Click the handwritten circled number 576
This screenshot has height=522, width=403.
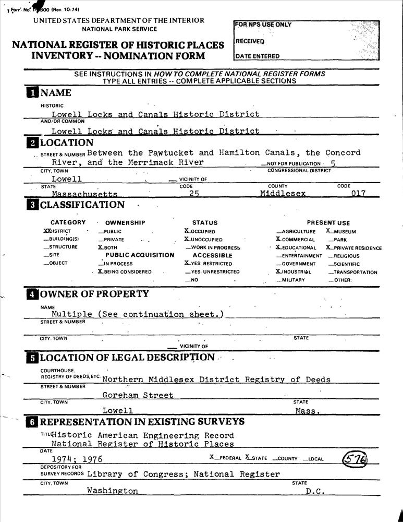pyautogui.click(x=355, y=459)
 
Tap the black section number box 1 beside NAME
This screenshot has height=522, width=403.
pyautogui.click(x=32, y=93)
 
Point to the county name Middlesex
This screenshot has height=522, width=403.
pyautogui.click(x=283, y=194)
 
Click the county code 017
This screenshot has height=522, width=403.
pyautogui.click(x=357, y=194)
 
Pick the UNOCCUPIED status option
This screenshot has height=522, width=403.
pyautogui.click(x=205, y=240)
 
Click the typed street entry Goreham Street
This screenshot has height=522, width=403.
pyautogui.click(x=138, y=395)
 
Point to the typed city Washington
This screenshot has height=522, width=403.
pyautogui.click(x=113, y=491)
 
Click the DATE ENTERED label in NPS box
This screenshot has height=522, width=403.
pyautogui.click(x=257, y=56)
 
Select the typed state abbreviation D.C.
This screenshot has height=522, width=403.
pyautogui.click(x=315, y=491)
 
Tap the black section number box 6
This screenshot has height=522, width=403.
pyautogui.click(x=32, y=422)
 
